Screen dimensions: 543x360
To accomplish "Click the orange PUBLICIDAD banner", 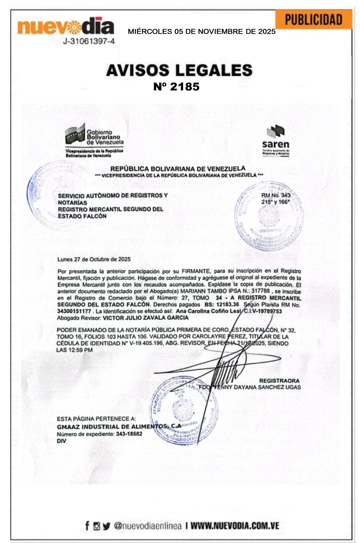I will [x=313, y=20].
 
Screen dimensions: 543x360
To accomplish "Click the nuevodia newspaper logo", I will [x=66, y=27].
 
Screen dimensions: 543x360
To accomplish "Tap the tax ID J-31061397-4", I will [x=89, y=42].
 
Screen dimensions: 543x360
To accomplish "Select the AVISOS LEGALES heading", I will [x=179, y=70].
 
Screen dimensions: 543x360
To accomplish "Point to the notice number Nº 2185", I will [x=176, y=86].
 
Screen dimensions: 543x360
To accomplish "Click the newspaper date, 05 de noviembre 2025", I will [x=202, y=32].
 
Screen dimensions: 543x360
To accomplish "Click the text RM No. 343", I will [x=276, y=195].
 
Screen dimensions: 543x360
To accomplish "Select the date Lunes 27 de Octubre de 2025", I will [x=94, y=259].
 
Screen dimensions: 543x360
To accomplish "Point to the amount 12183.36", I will [x=228, y=305].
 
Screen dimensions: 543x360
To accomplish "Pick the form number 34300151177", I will [x=74, y=311].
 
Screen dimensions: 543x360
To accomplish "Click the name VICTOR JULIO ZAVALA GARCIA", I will [x=146, y=318].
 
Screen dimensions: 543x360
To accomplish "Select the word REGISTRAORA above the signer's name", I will [x=279, y=380].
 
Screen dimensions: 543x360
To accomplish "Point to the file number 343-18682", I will [x=129, y=434].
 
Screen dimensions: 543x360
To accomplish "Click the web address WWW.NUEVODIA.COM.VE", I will [x=235, y=526].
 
